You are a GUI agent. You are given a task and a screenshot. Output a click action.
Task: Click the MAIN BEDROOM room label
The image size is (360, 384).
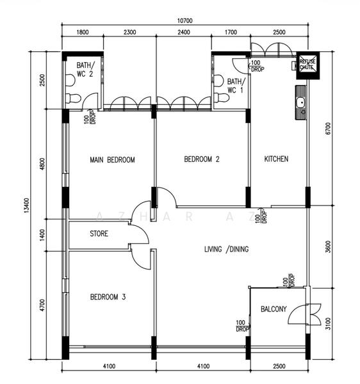[112, 160]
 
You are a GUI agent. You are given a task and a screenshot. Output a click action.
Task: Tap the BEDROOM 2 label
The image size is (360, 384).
[202, 160]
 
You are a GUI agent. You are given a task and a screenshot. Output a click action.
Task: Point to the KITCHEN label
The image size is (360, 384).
[277, 159]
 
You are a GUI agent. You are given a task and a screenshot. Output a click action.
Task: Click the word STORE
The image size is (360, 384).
[99, 234]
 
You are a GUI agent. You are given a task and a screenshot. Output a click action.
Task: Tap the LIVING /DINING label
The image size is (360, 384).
[226, 250]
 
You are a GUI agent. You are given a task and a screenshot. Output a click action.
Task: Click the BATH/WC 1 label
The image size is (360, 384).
[235, 86]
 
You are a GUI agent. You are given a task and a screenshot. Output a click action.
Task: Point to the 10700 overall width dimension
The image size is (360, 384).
[184, 20]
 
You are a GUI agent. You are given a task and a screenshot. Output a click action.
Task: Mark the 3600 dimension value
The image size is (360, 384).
[328, 247]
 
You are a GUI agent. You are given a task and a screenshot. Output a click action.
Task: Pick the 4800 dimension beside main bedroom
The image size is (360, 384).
[42, 164]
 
